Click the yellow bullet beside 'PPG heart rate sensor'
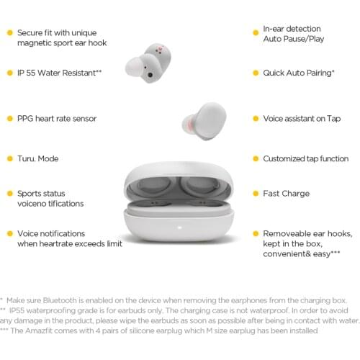(9, 118)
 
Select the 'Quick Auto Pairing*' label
(298, 73)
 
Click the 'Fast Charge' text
(286, 194)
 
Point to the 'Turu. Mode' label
(37, 158)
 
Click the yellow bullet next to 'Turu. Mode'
(9, 158)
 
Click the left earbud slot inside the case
(153, 189)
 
